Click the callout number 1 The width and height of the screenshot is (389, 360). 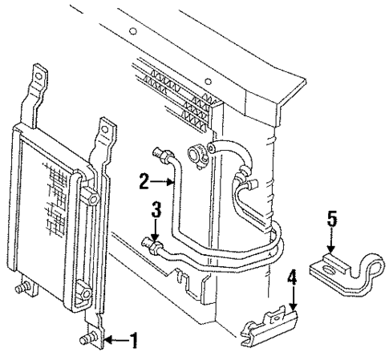[133, 341]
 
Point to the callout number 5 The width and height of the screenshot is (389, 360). [331, 217]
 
